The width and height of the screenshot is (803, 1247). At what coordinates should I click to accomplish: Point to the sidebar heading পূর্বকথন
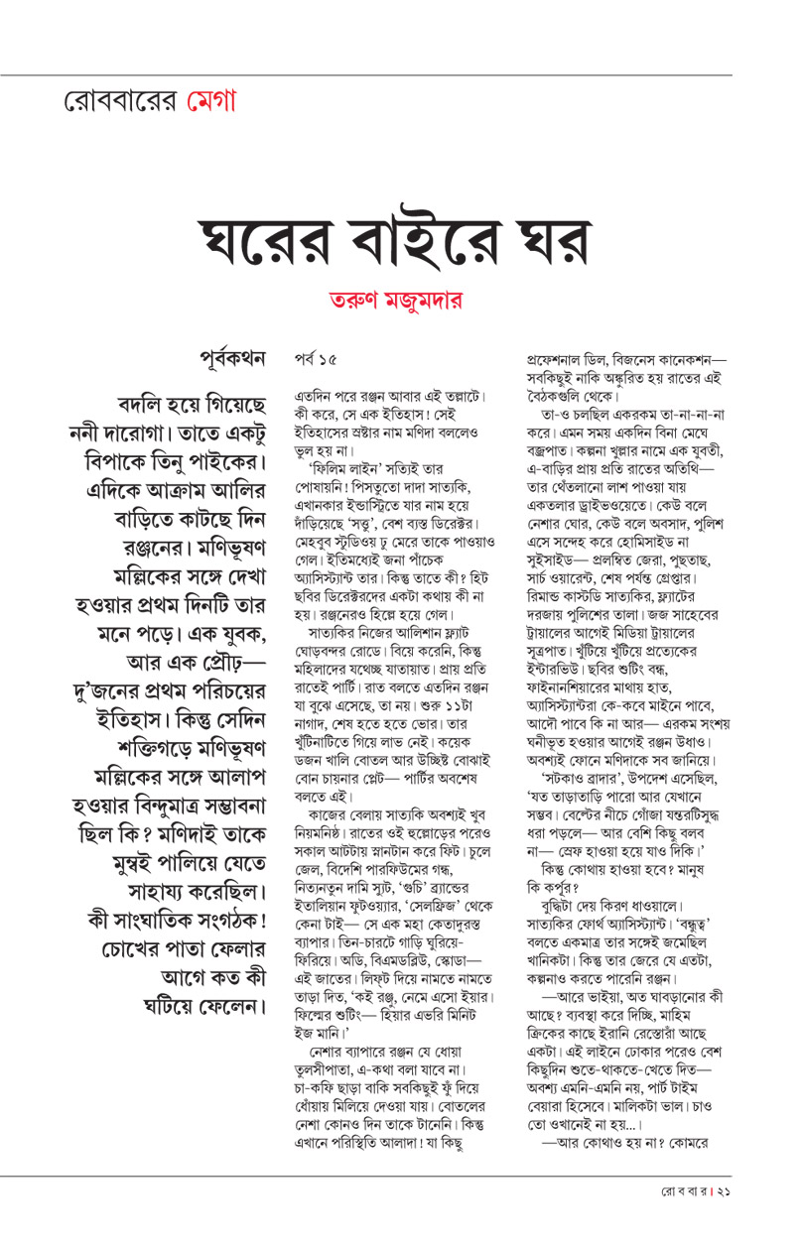[233, 358]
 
